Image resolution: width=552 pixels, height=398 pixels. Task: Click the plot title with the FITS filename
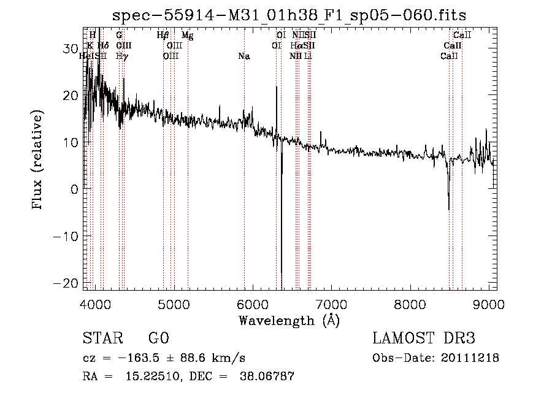pyautogui.click(x=294, y=15)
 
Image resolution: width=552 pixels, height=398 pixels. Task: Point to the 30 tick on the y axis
pyautogui.click(x=71, y=48)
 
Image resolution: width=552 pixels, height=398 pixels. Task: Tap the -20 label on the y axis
pyautogui.click(x=67, y=283)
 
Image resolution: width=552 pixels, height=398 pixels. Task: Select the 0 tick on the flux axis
pyautogui.click(x=75, y=189)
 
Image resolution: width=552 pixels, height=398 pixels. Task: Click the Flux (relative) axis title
pyautogui.click(x=38, y=161)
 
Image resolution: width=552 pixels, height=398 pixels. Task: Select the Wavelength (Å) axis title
pyautogui.click(x=289, y=320)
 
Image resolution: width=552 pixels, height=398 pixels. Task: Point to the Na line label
pyautogui.click(x=244, y=56)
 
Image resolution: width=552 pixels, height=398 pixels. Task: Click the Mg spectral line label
pyautogui.click(x=188, y=36)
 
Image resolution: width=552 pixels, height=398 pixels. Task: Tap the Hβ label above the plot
pyautogui.click(x=163, y=36)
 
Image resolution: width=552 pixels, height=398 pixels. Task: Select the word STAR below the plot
pyautogui.click(x=99, y=339)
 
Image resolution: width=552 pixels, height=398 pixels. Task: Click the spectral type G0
pyautogui.click(x=158, y=339)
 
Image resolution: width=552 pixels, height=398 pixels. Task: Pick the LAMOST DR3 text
pyautogui.click(x=424, y=339)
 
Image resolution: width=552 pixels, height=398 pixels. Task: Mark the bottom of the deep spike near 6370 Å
pyautogui.click(x=281, y=273)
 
